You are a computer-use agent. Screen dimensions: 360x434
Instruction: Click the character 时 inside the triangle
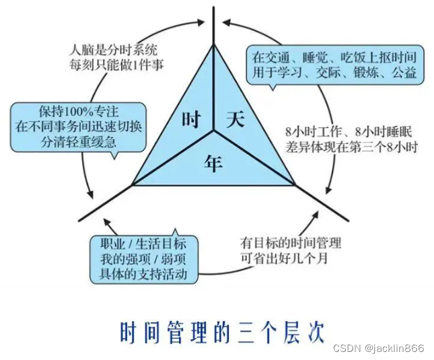[190, 120]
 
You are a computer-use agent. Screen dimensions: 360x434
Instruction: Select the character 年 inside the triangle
[213, 159]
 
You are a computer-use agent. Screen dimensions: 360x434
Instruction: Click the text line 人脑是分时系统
[115, 48]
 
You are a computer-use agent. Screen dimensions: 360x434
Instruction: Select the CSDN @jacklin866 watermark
[380, 348]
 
